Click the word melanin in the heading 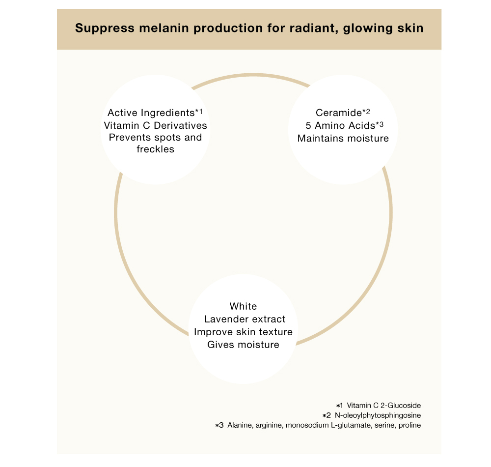161,28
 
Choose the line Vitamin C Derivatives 155,125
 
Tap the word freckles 155,149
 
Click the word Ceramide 339,113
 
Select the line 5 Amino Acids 340,125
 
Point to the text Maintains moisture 343,138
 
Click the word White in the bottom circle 243,306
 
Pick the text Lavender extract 245,319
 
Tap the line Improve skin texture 243,332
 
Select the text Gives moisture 243,345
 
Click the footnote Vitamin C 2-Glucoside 383,406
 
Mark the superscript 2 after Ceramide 368,111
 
